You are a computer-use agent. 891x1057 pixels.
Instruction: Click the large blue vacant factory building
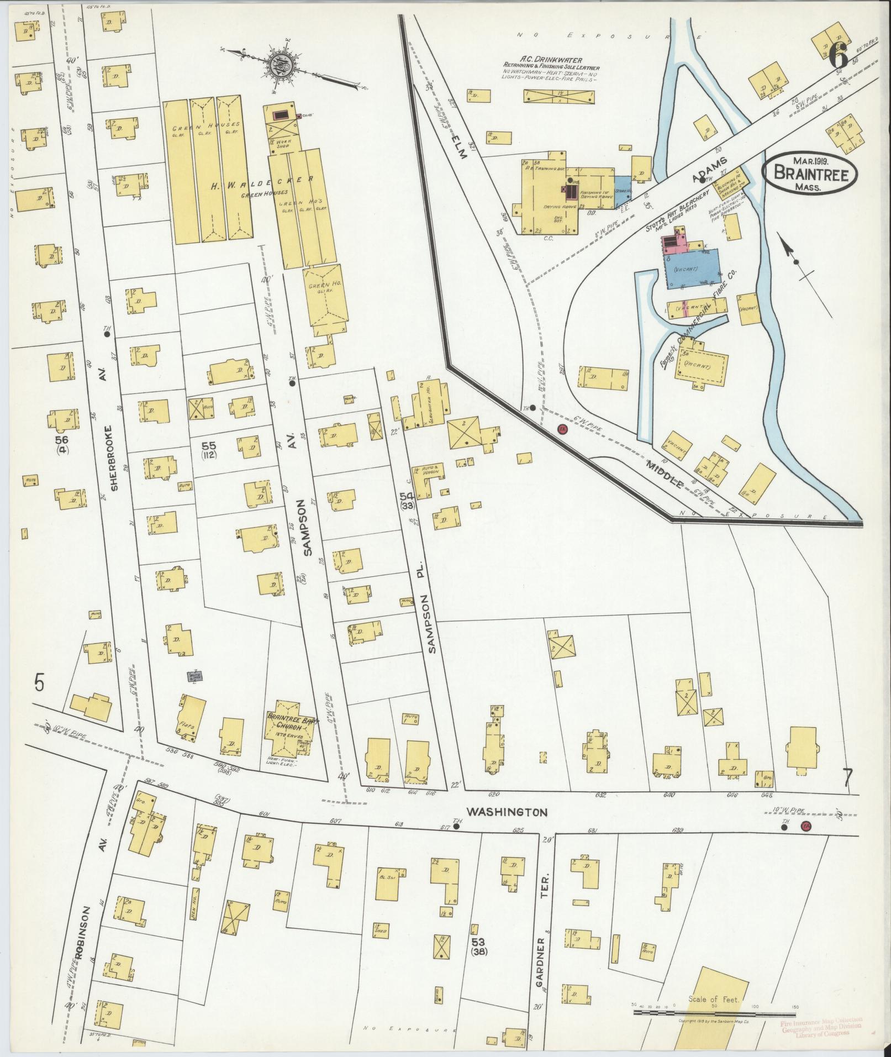[x=693, y=268]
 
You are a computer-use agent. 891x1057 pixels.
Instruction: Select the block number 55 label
[x=208, y=445]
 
